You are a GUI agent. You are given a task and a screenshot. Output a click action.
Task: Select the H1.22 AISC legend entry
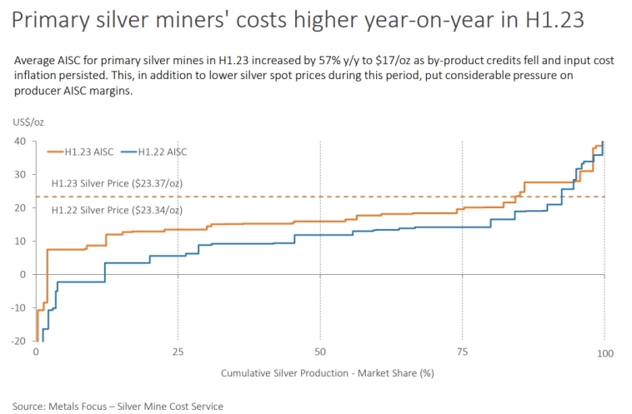(x=154, y=152)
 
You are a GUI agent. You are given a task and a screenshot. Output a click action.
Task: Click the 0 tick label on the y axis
(x=23, y=274)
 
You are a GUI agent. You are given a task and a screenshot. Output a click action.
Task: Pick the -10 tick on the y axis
(x=18, y=308)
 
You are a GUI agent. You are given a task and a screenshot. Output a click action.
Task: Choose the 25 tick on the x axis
(x=178, y=353)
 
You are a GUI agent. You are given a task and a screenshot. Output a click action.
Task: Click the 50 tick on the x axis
(x=320, y=353)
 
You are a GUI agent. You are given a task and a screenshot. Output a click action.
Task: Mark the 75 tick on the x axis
(x=462, y=353)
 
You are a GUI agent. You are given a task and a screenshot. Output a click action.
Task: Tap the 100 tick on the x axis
(x=604, y=353)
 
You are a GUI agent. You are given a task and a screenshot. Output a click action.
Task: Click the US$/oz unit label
(x=28, y=122)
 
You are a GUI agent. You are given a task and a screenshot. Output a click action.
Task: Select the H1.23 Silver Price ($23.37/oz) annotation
(x=117, y=182)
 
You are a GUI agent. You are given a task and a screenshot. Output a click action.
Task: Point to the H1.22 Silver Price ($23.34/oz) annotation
(x=117, y=209)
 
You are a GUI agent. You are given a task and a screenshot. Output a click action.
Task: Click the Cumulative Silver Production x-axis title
(x=327, y=374)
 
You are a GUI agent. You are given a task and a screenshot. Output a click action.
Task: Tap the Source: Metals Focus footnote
(x=118, y=406)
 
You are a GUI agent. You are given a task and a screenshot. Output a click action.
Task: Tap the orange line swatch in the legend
(x=57, y=152)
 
